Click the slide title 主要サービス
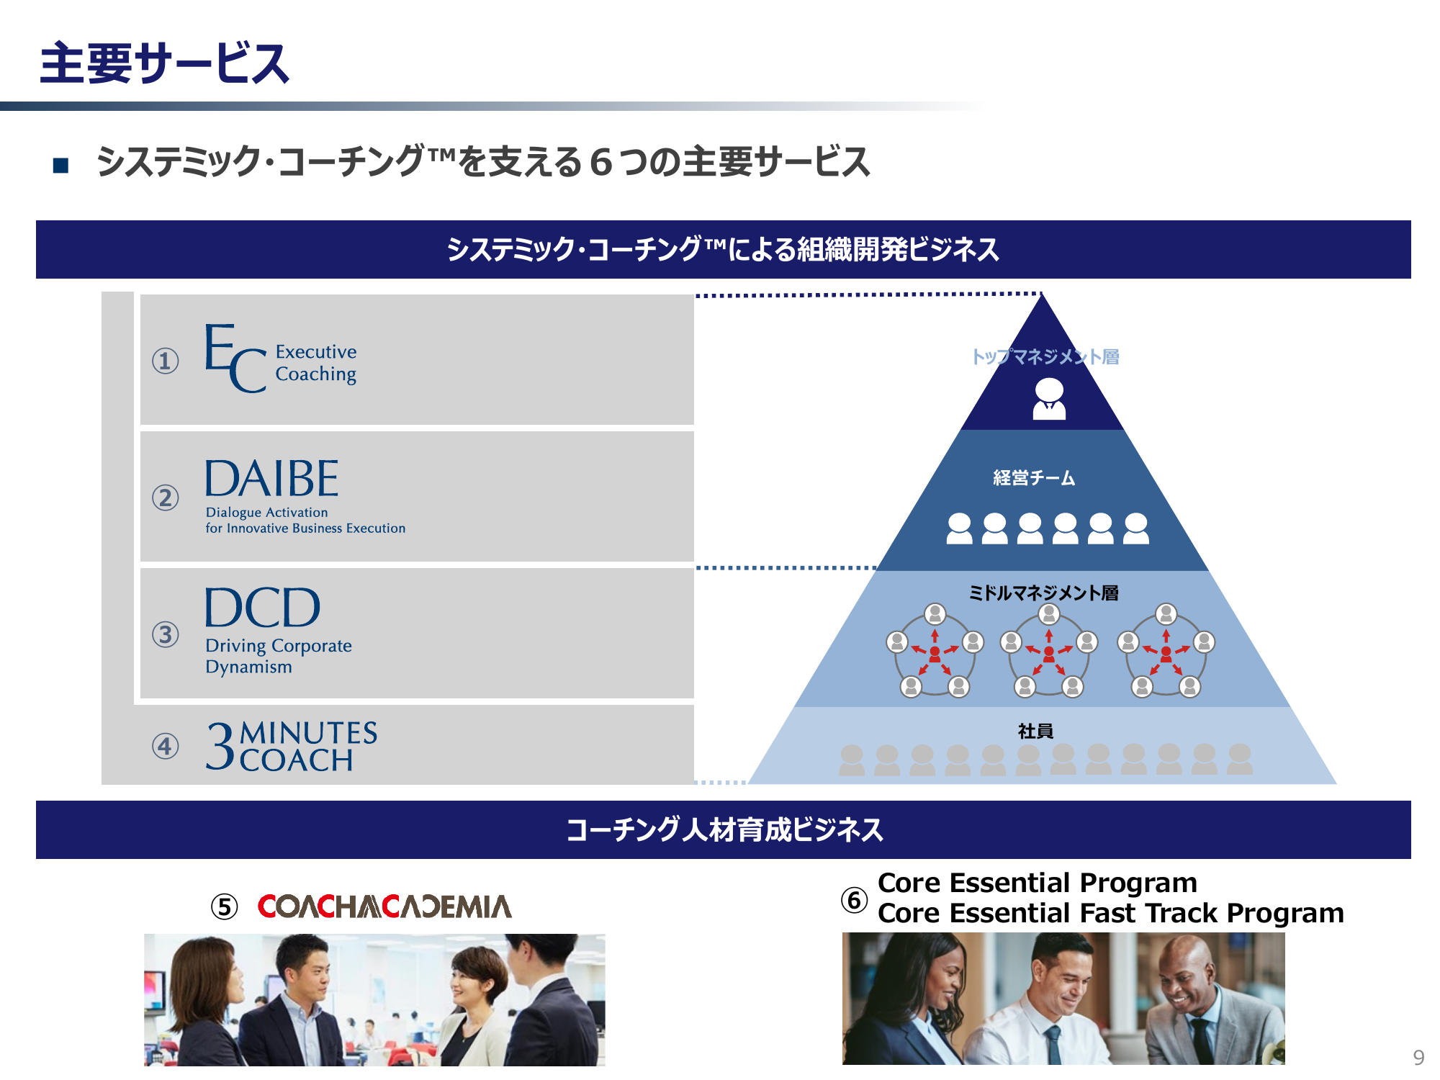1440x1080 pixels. click(164, 63)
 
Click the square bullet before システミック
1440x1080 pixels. click(60, 166)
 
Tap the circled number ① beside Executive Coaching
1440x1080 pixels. click(165, 360)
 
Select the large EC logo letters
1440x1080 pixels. click(235, 358)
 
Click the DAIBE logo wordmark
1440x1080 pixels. click(271, 479)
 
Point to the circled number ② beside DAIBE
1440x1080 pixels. click(165, 497)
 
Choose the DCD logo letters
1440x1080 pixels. click(262, 608)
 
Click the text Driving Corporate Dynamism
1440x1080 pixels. click(279, 656)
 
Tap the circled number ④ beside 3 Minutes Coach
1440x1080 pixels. click(165, 745)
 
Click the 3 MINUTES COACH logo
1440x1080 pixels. click(292, 746)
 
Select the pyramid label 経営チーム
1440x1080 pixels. click(1034, 477)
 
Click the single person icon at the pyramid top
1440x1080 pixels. click(1049, 400)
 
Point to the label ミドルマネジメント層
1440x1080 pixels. click(1043, 593)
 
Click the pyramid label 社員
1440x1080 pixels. click(1035, 731)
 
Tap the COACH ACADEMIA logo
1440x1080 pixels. click(384, 906)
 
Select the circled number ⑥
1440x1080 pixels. click(855, 899)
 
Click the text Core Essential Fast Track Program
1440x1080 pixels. click(1111, 913)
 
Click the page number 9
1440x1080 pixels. click(1418, 1057)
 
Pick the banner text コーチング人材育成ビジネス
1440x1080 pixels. click(724, 829)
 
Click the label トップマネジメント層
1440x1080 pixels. click(1045, 356)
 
